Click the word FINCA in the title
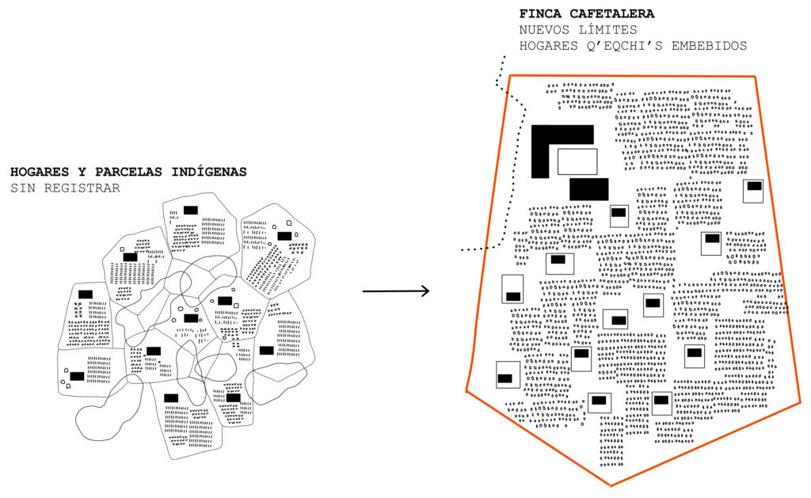[x=540, y=14]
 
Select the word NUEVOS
[x=544, y=30]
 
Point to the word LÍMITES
[x=607, y=30]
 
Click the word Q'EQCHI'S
[x=624, y=46]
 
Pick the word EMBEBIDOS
[x=709, y=46]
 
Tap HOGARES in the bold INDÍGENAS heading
[x=40, y=172]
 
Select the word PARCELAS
[x=128, y=172]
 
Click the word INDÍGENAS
[x=209, y=171]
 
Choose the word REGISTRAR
[x=82, y=188]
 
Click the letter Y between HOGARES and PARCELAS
[x=82, y=172]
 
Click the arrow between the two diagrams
[x=396, y=291]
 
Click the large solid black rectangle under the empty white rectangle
[x=589, y=189]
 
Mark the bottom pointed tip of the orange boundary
[x=611, y=485]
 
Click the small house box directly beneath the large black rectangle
[x=619, y=215]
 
